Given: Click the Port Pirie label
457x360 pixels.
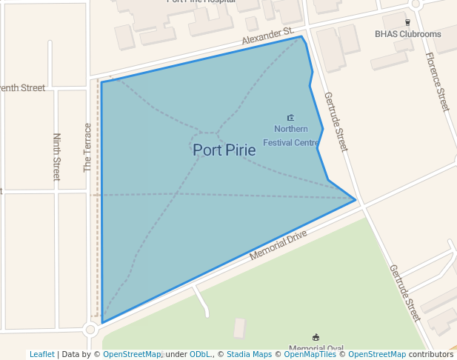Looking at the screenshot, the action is pos(224,150).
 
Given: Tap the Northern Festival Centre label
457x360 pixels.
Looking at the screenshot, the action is pos(290,136).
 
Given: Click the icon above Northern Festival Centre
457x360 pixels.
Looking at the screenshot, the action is pos(290,117).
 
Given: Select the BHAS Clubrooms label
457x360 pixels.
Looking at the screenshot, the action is pos(407,34).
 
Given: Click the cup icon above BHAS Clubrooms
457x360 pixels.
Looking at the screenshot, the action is pos(407,22).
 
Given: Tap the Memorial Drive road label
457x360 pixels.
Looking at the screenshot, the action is pos(278,244).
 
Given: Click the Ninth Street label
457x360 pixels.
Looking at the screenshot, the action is pos(56,157).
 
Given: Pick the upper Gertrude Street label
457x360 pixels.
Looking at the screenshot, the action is pos(336,121).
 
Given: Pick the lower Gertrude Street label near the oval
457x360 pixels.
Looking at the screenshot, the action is pos(404,293).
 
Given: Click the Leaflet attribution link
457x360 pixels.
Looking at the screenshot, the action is pos(41,355).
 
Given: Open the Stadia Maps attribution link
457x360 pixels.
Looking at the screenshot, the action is pos(249,355).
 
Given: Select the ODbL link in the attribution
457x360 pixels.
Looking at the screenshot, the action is pos(201,355).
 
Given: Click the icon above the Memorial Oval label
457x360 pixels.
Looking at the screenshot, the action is pos(316,337).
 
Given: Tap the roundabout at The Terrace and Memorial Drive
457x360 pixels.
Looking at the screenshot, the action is pos(90,330).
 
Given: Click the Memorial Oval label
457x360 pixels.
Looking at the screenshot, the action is pos(316,348).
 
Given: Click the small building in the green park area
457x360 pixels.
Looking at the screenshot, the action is pos(239,328).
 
